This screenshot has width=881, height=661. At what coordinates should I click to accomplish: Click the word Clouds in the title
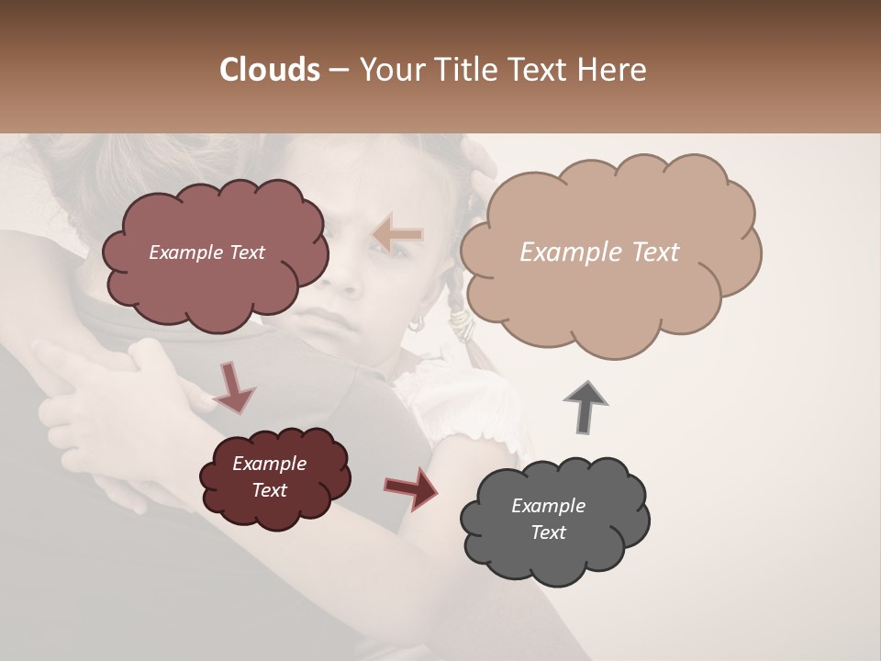269,70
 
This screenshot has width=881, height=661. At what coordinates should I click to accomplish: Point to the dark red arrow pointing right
411,487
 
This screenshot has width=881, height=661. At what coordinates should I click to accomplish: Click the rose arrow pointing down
234,386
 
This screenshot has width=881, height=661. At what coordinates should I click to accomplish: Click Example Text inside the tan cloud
599,252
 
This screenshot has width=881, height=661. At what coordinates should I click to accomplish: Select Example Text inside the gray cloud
548,519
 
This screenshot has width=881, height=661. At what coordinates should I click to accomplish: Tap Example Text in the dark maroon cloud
269,476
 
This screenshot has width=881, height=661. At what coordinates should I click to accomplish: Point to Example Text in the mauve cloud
206,252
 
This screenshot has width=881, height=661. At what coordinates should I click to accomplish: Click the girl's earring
415,323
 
